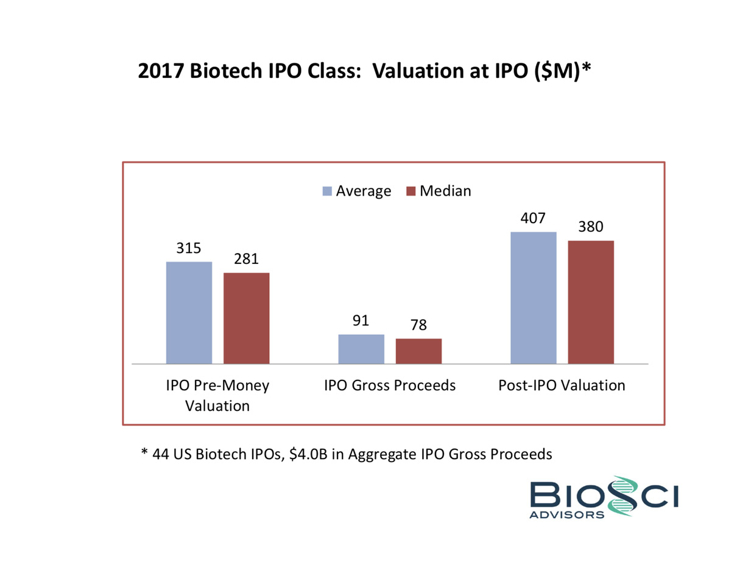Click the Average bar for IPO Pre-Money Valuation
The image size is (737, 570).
click(x=189, y=313)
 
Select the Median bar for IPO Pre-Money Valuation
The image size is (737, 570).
click(x=246, y=318)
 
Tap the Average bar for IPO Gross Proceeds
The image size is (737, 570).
click(x=361, y=349)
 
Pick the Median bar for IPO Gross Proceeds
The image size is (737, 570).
click(x=418, y=351)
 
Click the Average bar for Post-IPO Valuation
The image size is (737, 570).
click(x=534, y=297)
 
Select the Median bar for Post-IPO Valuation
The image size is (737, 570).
click(x=591, y=302)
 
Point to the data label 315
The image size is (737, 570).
click(x=189, y=249)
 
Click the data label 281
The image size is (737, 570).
click(x=246, y=259)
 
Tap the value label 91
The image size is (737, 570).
click(x=361, y=321)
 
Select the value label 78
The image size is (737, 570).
click(x=418, y=326)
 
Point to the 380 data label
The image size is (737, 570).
click(x=591, y=227)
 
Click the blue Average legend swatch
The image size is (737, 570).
click(x=327, y=191)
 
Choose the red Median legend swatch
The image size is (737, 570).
click(x=411, y=191)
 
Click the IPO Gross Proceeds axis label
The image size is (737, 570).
click(x=390, y=386)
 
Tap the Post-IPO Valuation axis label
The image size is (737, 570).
click(x=562, y=386)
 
